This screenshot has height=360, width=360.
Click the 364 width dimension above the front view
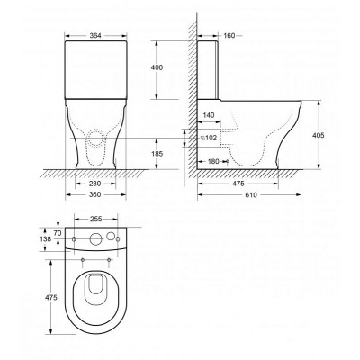95,35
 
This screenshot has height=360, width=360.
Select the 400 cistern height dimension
157,67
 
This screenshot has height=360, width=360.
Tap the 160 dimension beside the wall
229,36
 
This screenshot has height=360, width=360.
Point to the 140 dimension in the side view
209,115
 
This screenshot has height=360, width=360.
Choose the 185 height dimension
157,154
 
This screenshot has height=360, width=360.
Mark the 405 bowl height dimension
318,135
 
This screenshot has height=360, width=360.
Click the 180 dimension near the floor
213,161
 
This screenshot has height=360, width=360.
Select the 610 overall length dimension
251,195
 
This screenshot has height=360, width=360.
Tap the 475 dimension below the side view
238,184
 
